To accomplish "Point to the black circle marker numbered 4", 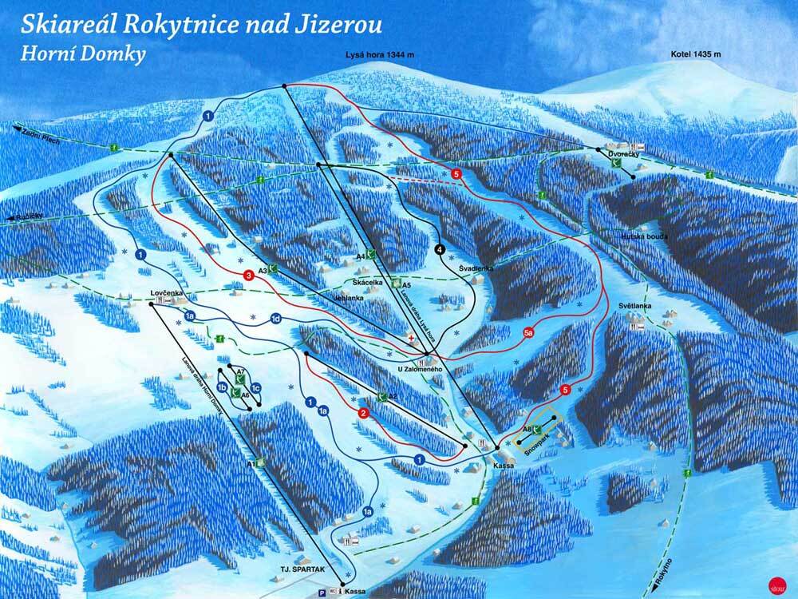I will (440, 249).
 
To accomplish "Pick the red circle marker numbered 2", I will (363, 413).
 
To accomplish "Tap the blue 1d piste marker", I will (275, 319).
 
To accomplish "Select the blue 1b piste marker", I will (224, 387).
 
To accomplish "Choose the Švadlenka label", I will (476, 268).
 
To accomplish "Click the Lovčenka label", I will (167, 293).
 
